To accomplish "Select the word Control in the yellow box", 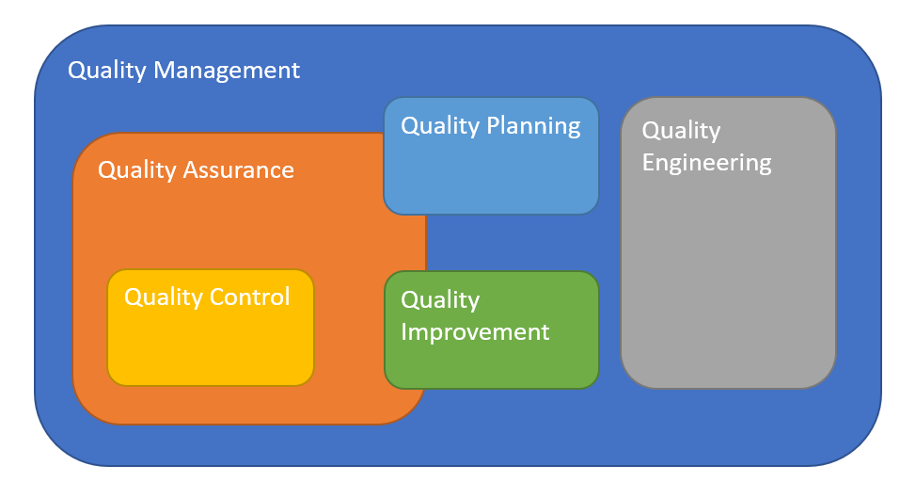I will pyautogui.click(x=249, y=297).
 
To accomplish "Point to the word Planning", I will pyautogui.click(x=533, y=126).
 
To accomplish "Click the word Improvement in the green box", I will pyautogui.click(x=475, y=332).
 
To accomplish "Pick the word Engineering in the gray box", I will pyautogui.click(x=706, y=163).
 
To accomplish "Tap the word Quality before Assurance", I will pyautogui.click(x=137, y=170).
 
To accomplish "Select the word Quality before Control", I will pyautogui.click(x=164, y=297).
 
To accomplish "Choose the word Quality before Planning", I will pyautogui.click(x=440, y=126).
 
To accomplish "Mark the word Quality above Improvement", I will pyautogui.click(x=440, y=300).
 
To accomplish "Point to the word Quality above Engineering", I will pyautogui.click(x=681, y=131).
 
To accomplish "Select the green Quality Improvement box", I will pyautogui.click(x=491, y=362).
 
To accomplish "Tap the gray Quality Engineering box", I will pyautogui.click(x=728, y=282).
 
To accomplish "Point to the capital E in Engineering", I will pyautogui.click(x=648, y=162).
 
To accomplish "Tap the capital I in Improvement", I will pyautogui.click(x=404, y=331).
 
